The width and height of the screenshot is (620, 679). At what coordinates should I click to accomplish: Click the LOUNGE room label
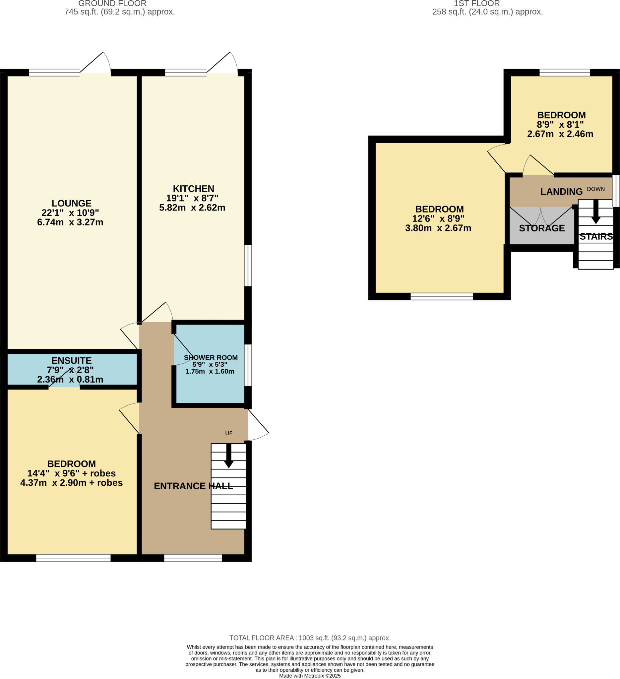pyautogui.click(x=71, y=204)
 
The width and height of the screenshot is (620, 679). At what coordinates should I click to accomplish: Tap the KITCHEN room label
pyautogui.click(x=193, y=189)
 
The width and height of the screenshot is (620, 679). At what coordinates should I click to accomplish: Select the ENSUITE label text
pyautogui.click(x=71, y=361)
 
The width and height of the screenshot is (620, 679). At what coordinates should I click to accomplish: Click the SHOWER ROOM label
pyautogui.click(x=211, y=358)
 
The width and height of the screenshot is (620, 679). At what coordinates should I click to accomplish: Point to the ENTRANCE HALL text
pyautogui.click(x=193, y=486)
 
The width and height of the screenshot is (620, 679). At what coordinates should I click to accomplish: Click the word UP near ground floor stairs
pyautogui.click(x=229, y=433)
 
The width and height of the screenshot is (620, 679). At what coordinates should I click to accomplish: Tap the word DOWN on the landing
pyautogui.click(x=595, y=189)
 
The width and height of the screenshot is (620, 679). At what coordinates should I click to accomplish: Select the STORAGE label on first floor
pyautogui.click(x=541, y=228)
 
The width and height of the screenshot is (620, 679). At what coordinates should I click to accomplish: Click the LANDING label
pyautogui.click(x=561, y=192)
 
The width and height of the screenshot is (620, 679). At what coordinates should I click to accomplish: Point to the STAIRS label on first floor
pyautogui.click(x=596, y=237)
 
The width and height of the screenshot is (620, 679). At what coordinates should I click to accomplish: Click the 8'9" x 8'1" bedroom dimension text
pyautogui.click(x=560, y=125)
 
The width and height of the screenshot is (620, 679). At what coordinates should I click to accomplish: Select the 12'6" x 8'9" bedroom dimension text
pyautogui.click(x=438, y=219)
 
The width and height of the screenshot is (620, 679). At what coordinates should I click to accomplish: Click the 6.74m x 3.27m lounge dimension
pyautogui.click(x=70, y=222)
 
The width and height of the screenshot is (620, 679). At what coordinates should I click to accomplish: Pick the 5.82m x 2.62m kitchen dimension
pyautogui.click(x=192, y=208)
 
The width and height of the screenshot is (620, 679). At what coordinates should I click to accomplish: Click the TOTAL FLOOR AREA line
pyautogui.click(x=310, y=638)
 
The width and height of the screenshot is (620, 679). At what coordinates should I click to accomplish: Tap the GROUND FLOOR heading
pyautogui.click(x=112, y=4)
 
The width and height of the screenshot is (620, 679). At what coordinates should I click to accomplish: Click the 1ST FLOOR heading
pyautogui.click(x=476, y=4)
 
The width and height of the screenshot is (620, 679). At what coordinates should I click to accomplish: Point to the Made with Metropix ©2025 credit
pyautogui.click(x=310, y=676)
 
